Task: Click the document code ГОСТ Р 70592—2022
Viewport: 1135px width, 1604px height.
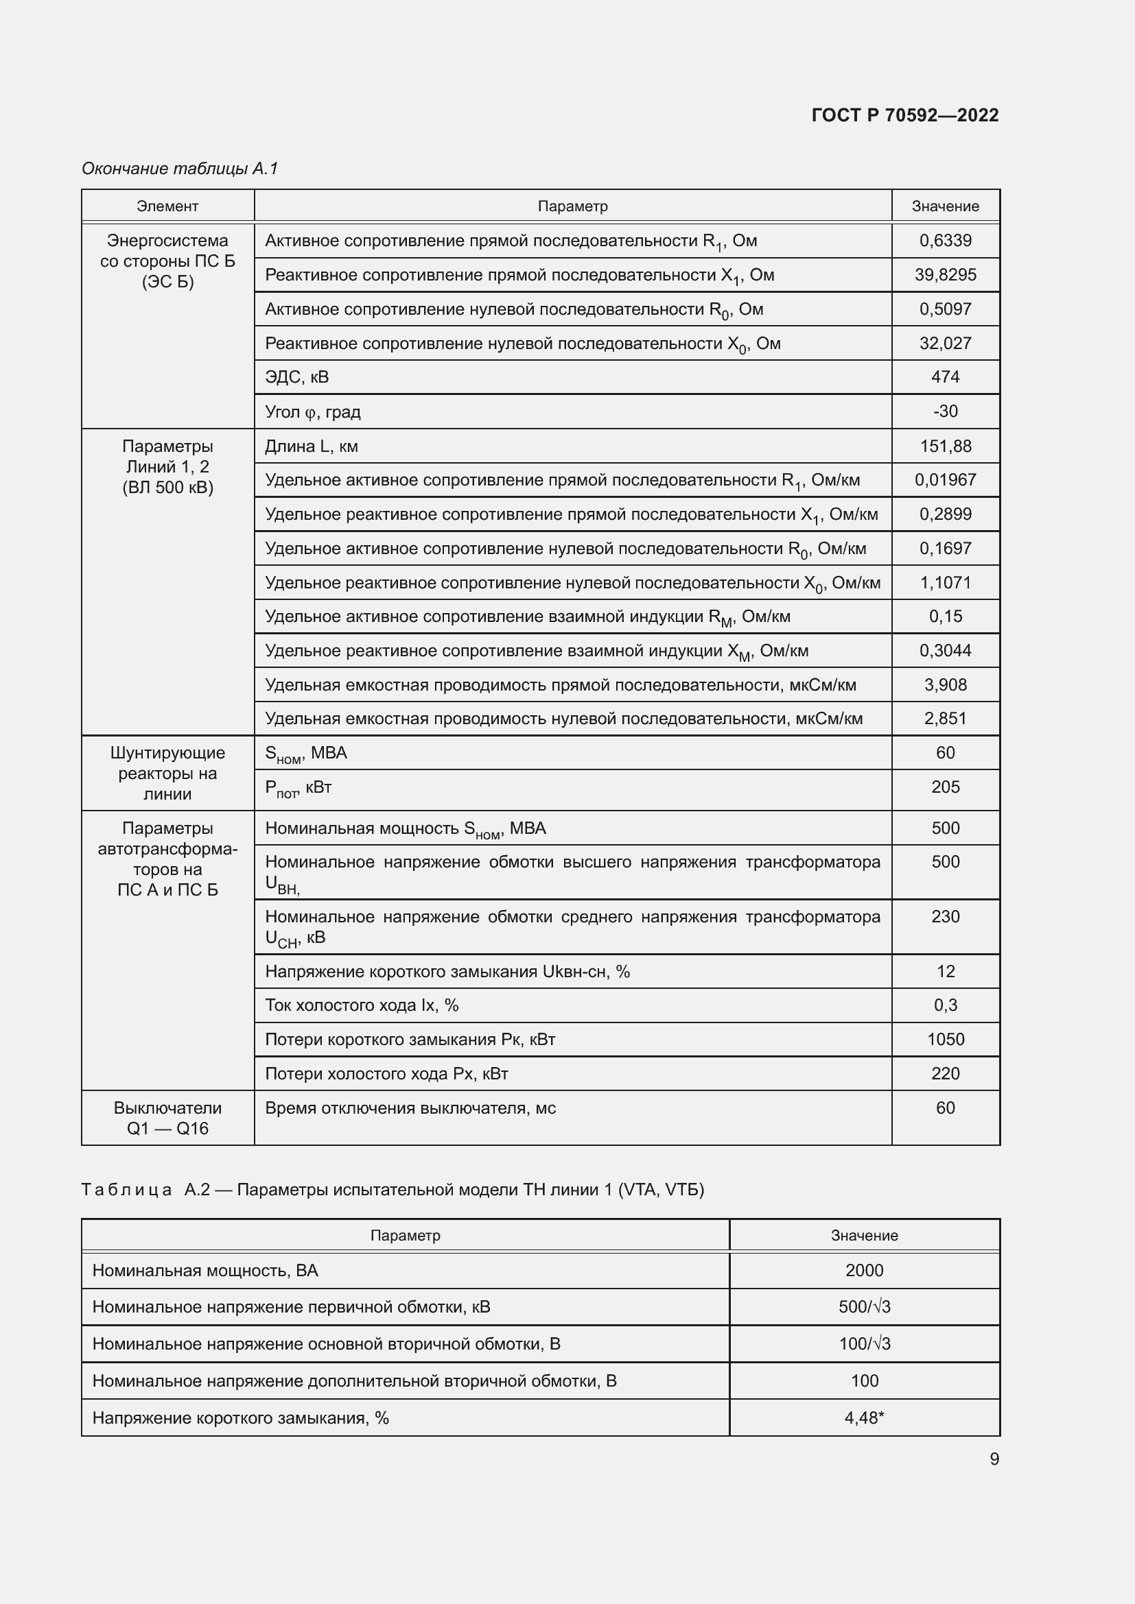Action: point(904,115)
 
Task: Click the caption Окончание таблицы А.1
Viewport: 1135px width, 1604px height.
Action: point(180,169)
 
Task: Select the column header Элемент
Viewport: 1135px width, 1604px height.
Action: point(167,206)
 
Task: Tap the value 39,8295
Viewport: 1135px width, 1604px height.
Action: point(945,274)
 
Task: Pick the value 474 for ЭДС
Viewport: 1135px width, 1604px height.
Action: point(945,377)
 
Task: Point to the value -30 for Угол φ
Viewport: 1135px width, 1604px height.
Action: point(945,411)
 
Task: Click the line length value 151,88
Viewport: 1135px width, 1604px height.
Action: point(945,446)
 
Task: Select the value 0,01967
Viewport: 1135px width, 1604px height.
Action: point(945,480)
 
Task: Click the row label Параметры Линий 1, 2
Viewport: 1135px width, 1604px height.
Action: point(167,467)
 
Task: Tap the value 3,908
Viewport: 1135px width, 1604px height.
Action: point(945,684)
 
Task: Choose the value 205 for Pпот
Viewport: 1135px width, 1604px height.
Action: point(945,787)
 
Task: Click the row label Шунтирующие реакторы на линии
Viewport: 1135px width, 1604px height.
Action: point(167,774)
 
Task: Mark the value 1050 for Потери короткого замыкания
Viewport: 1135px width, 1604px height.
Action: point(945,1040)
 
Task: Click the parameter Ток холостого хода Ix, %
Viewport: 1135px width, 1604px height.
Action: point(362,1005)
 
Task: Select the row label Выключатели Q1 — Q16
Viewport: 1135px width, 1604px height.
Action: point(167,1118)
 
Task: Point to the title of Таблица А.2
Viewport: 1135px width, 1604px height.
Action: point(392,1189)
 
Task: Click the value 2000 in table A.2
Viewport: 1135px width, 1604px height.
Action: point(864,1270)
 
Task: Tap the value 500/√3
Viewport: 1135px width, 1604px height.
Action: point(864,1307)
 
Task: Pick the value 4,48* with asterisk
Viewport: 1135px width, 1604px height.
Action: point(864,1417)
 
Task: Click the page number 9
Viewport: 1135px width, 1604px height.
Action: point(994,1459)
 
